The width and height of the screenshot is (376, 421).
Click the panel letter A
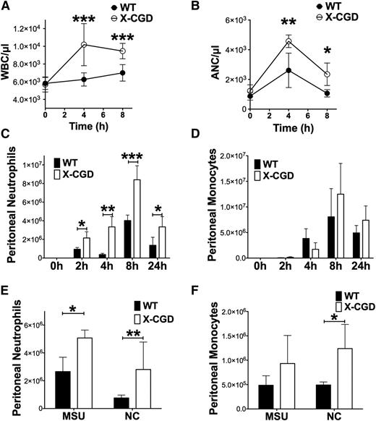[x=7, y=7]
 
